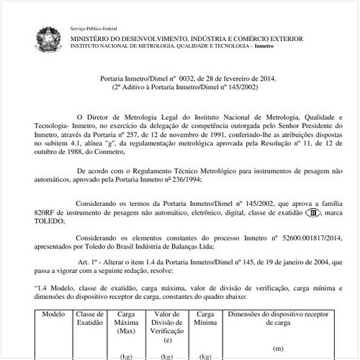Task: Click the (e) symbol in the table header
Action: coord(168,340)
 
